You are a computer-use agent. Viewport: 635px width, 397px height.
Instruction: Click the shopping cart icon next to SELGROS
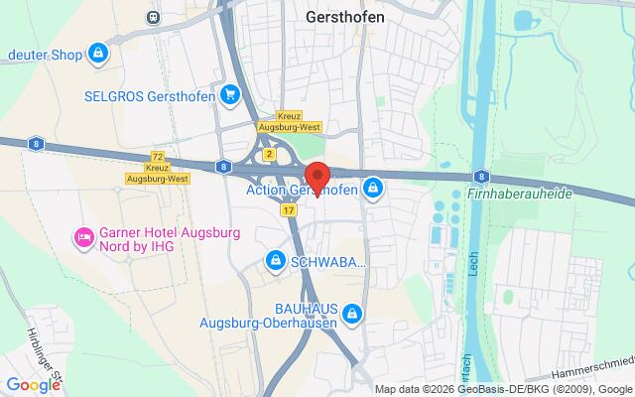click(x=230, y=95)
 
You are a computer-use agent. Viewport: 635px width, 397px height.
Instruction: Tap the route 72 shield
click(x=157, y=157)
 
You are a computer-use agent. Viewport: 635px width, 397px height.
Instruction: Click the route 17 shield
click(x=288, y=210)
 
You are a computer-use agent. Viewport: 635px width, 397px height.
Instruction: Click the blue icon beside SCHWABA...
click(x=275, y=261)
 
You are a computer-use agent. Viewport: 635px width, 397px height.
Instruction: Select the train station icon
click(x=152, y=17)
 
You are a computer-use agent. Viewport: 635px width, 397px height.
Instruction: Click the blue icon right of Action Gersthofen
click(x=373, y=187)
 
